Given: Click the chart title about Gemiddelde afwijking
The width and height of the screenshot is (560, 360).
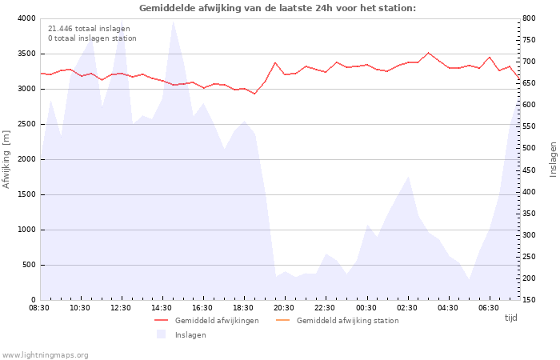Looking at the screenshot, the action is point(278,8).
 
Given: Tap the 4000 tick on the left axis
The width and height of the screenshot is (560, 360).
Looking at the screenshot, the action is point(26,18).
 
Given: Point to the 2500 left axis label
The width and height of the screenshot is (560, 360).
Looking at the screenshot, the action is point(26,124).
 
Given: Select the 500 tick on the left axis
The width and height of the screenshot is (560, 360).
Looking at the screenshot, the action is point(29,265).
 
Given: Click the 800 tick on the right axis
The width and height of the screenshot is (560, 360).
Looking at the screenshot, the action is point(530,18).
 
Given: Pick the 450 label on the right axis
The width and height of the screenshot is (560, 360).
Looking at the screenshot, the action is point(530,170).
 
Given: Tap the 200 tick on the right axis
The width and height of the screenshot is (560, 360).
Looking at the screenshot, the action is point(530,278).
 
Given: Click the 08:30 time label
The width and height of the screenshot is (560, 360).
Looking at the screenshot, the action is point(39,308).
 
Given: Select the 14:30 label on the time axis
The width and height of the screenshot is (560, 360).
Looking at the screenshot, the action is point(162,308).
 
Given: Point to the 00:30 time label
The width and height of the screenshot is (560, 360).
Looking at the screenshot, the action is point(366,308).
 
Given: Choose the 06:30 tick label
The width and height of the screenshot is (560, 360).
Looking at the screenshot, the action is point(489,308).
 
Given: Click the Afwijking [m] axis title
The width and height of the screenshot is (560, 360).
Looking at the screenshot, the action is point(6,159).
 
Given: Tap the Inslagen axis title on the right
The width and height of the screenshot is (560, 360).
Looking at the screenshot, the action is point(553,159).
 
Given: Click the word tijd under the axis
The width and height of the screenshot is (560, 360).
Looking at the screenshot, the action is point(511,318).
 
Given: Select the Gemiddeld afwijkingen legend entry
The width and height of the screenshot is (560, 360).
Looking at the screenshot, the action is point(206,320).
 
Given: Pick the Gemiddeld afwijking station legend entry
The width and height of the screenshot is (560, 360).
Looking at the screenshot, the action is point(337,320).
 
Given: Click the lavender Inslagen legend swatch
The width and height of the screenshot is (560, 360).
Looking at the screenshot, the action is point(161,334).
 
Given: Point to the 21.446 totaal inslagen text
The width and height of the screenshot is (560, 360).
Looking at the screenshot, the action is point(89,29).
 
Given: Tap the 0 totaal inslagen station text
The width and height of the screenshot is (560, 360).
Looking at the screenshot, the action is point(92,38).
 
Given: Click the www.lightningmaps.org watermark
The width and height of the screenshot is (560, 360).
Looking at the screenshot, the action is point(45,355).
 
